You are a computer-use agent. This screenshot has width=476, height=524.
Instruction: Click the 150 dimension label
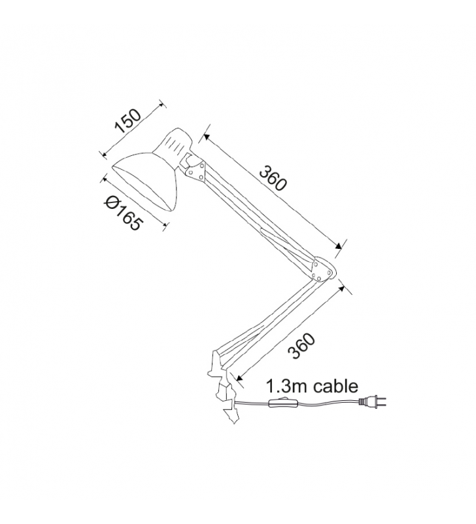(128, 121)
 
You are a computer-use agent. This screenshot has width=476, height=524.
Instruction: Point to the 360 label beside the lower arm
(301, 346)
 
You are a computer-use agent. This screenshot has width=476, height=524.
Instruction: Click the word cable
(336, 386)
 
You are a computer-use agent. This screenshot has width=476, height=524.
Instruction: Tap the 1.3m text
(288, 386)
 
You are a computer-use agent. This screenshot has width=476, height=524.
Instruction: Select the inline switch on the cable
(283, 403)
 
